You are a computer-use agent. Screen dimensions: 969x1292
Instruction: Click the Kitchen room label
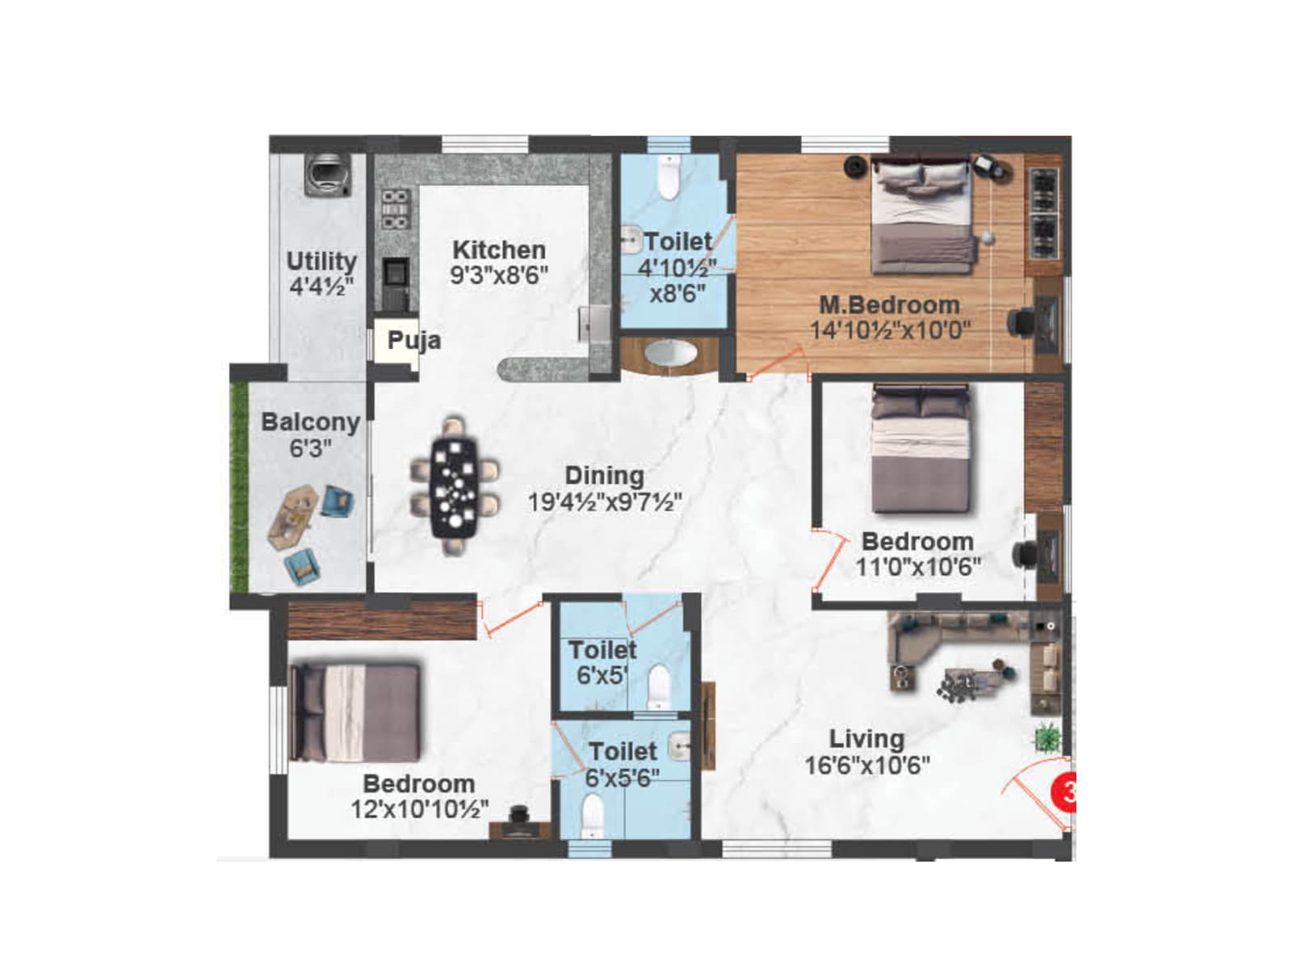(498, 250)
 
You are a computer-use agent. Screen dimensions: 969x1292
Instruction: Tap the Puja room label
(413, 340)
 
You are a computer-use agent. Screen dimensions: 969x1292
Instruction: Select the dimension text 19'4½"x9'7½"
(604, 502)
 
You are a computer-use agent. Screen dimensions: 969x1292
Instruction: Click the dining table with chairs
(454, 486)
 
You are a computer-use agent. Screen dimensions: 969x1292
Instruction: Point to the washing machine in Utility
(328, 174)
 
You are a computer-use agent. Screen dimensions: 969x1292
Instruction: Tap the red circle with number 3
(1064, 791)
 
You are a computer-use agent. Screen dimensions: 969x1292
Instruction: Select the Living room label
(866, 739)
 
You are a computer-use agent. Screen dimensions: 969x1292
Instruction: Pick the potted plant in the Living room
(1047, 737)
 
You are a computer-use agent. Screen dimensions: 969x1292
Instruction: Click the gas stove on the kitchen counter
(395, 209)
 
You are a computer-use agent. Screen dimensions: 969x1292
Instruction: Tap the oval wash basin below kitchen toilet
(670, 354)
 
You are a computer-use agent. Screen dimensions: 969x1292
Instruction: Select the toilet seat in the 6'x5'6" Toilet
(593, 816)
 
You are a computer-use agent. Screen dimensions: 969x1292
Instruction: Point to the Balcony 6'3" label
(310, 434)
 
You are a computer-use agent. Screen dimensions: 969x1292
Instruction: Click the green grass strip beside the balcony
(239, 486)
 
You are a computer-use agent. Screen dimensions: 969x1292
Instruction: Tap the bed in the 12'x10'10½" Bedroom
(355, 712)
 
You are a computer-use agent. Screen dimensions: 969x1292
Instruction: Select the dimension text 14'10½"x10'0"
(890, 330)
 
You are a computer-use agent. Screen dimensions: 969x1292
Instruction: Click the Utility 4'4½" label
(321, 273)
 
